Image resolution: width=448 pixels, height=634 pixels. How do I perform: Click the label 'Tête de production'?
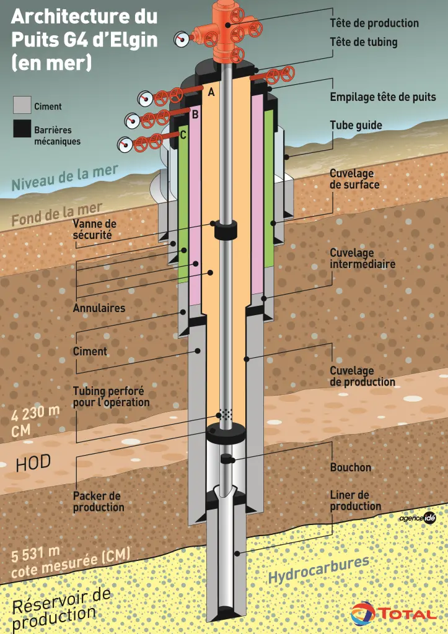tap(374, 24)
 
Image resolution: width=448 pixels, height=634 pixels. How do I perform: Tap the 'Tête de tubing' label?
tap(363, 42)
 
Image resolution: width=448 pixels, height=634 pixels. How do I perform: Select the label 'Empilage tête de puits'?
tap(382, 97)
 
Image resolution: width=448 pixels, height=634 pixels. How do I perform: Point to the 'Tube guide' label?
tap(356, 125)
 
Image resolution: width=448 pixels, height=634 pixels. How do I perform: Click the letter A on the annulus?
tap(211, 92)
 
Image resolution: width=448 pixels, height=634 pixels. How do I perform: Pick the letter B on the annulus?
tap(195, 114)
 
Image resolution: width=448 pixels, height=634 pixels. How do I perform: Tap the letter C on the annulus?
tap(183, 134)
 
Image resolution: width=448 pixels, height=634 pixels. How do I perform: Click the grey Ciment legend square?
tap(22, 105)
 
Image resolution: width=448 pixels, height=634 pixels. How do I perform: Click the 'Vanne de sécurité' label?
tap(94, 229)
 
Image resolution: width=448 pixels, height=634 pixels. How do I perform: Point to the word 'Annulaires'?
tap(99, 308)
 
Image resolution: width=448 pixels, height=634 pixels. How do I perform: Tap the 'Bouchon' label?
tap(350, 467)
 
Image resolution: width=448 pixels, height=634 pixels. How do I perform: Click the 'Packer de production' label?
tap(99, 502)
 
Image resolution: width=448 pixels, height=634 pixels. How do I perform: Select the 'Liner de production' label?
tap(355, 500)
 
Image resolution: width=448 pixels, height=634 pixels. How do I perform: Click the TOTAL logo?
tap(393, 613)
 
